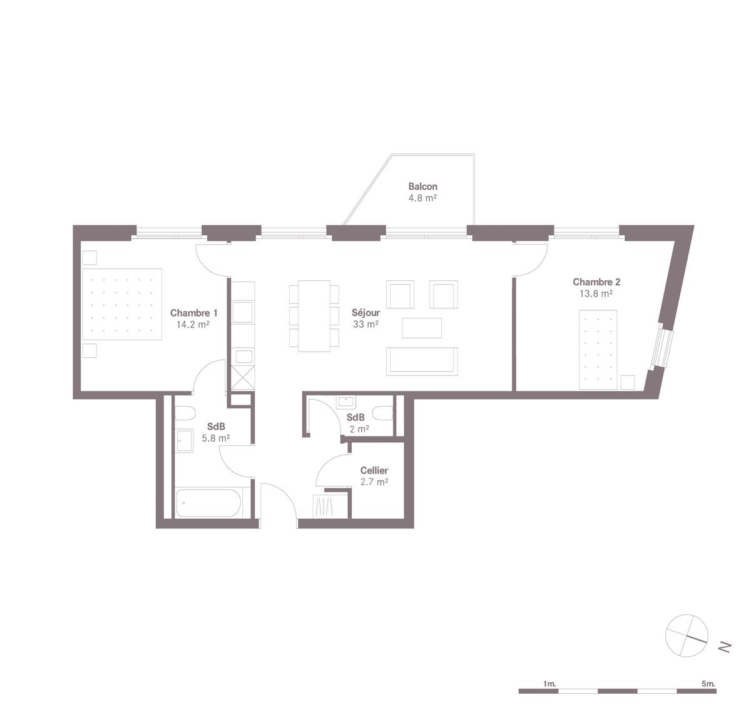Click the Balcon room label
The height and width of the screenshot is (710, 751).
[422, 186]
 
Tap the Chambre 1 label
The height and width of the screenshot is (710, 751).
[194, 313]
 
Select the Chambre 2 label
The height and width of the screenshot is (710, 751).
[596, 282]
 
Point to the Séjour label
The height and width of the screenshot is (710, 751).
[365, 313]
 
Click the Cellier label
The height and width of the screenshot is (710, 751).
[374, 470]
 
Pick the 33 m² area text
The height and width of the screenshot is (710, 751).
[365, 324]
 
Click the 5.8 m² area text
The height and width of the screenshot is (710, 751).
[216, 439]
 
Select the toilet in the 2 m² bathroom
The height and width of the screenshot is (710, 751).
[384, 413]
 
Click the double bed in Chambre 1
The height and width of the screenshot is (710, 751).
[123, 304]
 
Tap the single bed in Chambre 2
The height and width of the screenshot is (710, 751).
[597, 349]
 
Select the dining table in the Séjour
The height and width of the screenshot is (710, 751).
[314, 316]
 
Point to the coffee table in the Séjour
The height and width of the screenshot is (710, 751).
[422, 328]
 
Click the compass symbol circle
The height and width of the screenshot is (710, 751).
[687, 636]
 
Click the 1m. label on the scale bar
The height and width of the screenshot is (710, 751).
[549, 684]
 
